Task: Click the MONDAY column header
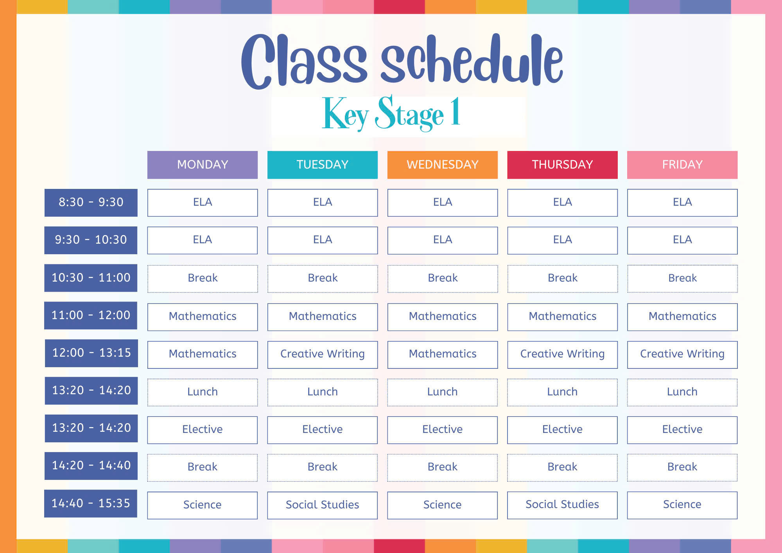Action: pos(203,165)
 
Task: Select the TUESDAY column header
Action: pos(323,165)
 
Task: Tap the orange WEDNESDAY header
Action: pos(443,165)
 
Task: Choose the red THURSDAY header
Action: pos(562,165)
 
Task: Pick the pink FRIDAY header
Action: pos(682,165)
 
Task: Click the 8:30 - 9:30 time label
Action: pos(91,203)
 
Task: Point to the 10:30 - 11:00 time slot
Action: pos(91,278)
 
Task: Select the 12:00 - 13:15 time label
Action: pos(91,353)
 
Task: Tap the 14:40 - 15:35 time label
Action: pos(91,503)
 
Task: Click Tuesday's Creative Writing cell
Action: pos(323,355)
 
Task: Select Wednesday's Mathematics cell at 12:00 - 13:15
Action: pos(443,355)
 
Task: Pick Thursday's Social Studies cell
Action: pos(562,505)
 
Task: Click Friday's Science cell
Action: pos(682,505)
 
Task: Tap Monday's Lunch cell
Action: pos(203,392)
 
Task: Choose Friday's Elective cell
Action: pos(682,430)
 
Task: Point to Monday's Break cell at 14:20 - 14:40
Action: pos(203,467)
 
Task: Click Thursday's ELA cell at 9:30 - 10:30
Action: pos(562,240)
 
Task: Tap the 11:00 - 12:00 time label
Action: pos(91,315)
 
